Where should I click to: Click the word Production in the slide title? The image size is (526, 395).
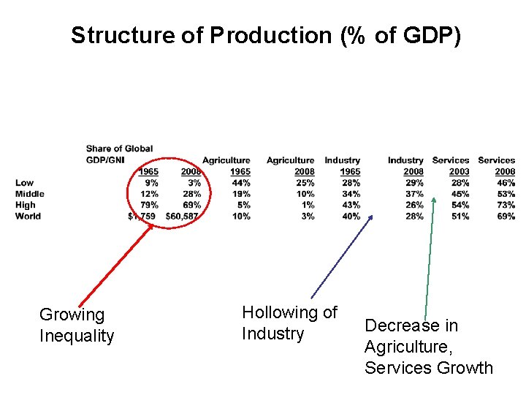pos(270,36)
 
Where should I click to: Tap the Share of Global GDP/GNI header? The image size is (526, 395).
pos(119,154)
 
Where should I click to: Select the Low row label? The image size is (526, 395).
pos(24,183)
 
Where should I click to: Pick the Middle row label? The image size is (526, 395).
pos(30,194)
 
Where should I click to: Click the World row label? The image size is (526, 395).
pos(28,216)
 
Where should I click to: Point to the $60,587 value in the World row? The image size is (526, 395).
pos(183,216)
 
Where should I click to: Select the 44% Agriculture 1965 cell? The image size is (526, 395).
pos(241,183)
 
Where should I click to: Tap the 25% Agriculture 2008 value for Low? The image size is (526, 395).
pos(305,183)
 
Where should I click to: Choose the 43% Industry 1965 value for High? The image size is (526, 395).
pos(351,205)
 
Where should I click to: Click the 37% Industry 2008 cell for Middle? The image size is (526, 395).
pos(414,194)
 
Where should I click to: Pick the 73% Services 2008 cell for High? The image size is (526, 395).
pos(506,205)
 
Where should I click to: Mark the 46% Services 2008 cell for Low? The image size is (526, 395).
pos(506,183)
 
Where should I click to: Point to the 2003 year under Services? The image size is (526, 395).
pos(460,172)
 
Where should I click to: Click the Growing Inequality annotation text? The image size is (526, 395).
pos(77,326)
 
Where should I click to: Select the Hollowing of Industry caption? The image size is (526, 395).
pos(289,323)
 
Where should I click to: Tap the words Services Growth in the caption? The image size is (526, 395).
pos(429,368)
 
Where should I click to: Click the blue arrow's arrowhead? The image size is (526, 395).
pos(370,217)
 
